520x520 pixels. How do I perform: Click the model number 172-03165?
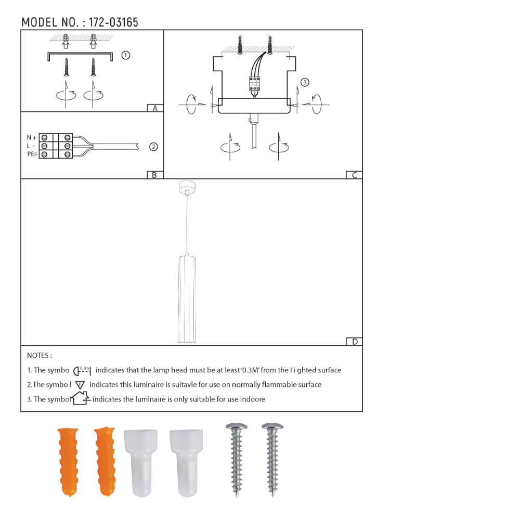click(113, 22)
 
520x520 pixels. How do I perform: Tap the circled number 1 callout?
click(125, 55)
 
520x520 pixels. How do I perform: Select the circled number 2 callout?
click(153, 147)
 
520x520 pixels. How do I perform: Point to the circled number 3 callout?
click(305, 82)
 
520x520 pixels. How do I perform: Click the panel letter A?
click(155, 109)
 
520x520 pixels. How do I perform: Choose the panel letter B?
click(154, 175)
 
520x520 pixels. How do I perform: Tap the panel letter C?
click(354, 175)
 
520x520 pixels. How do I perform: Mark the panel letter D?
click(355, 342)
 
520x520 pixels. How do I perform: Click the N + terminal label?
click(32, 138)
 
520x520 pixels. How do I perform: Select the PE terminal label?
click(32, 154)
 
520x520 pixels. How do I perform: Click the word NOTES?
click(39, 356)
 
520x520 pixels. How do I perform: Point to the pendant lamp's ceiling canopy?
click(185, 187)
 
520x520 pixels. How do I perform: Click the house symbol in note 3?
click(80, 399)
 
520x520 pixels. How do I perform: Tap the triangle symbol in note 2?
click(80, 385)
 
